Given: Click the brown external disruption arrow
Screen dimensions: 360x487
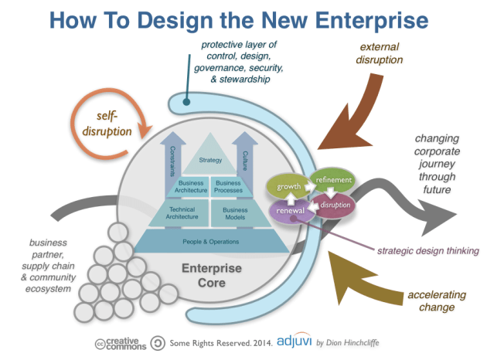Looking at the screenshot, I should (x=345, y=116).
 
